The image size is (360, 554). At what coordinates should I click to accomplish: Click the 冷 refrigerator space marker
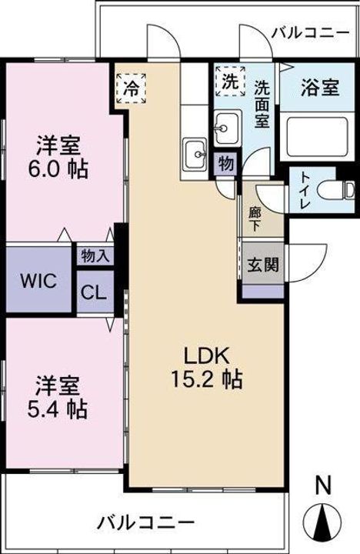click(x=131, y=88)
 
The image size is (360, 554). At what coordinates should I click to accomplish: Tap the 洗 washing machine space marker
click(x=230, y=81)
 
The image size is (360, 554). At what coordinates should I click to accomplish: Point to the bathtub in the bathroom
click(x=317, y=137)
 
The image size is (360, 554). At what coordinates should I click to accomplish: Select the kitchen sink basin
click(x=195, y=153)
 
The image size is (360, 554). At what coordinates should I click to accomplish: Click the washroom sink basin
click(x=228, y=127)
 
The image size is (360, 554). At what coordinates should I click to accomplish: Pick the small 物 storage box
click(x=225, y=164)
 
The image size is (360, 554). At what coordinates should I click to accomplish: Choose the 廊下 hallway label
click(x=255, y=219)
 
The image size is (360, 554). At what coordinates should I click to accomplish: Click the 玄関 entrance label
click(x=262, y=264)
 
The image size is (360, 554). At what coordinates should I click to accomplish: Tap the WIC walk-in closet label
click(x=38, y=282)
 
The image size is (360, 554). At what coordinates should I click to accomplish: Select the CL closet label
click(x=94, y=292)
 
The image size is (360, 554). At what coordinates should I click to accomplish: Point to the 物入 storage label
click(x=95, y=255)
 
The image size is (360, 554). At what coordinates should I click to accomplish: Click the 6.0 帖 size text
click(x=58, y=170)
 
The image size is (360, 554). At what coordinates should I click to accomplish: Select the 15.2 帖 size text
click(x=207, y=380)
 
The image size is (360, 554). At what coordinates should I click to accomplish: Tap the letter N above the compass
click(x=323, y=485)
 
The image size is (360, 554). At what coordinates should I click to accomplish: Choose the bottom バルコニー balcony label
click(x=146, y=522)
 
